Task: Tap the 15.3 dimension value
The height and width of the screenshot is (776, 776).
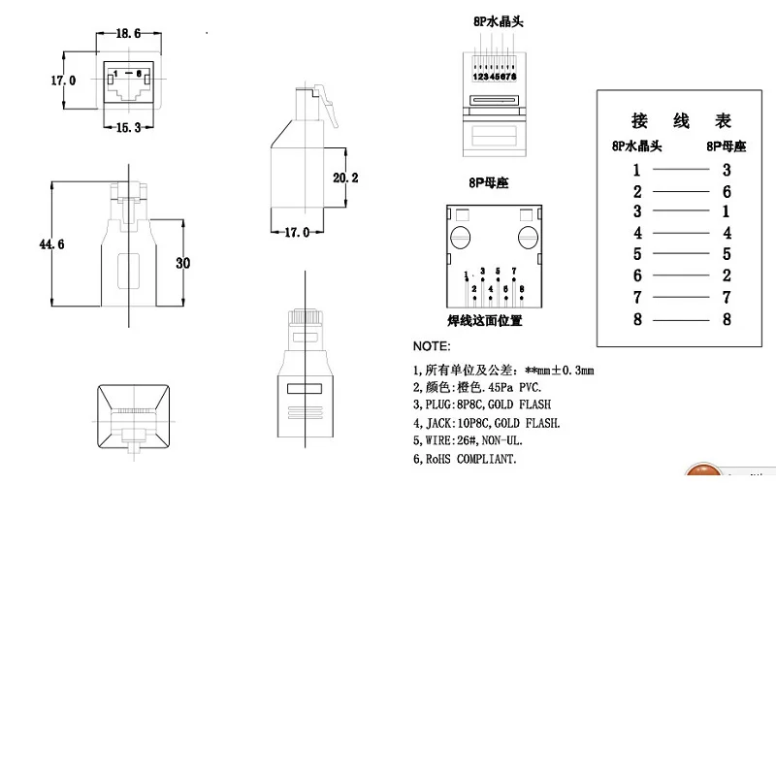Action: (128, 128)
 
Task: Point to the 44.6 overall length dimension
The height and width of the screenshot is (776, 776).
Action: (51, 244)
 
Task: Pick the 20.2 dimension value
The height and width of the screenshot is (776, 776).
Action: (346, 178)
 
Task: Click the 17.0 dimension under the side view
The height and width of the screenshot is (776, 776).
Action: (295, 233)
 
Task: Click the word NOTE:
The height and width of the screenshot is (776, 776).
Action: (432, 346)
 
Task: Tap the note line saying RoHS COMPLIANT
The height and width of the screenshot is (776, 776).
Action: (465, 458)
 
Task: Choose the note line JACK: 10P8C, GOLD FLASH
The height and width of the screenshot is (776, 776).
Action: (486, 423)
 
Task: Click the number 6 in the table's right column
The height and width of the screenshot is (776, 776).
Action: (727, 192)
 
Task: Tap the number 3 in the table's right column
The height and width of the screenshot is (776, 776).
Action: (727, 171)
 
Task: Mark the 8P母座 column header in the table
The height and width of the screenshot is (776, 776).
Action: (727, 146)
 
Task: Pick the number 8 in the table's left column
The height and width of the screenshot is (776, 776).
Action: (637, 320)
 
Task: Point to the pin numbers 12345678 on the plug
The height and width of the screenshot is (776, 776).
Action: (494, 76)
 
